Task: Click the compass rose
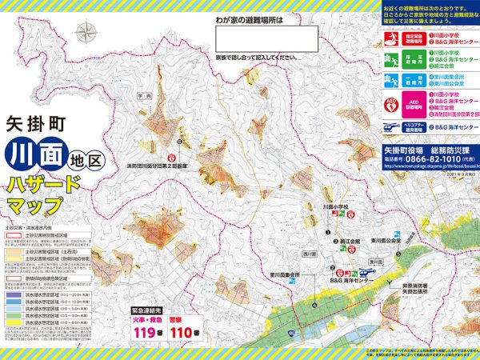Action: point(86,33)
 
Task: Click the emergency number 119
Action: point(145,333)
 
